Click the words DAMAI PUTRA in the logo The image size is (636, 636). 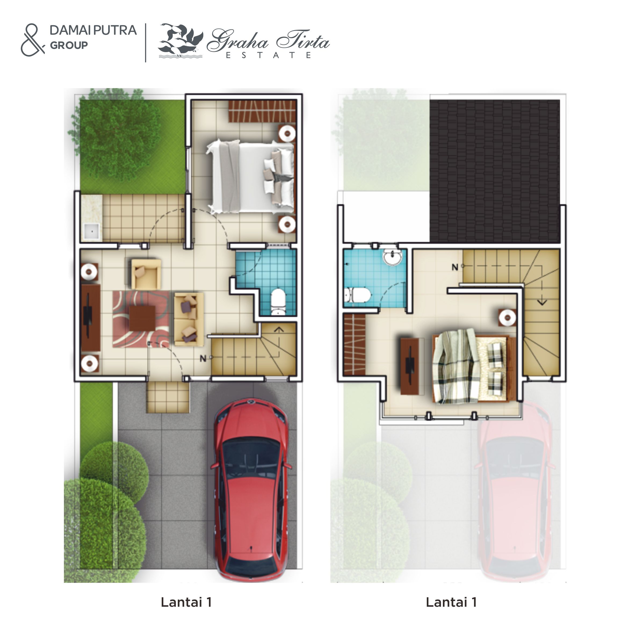click(x=93, y=30)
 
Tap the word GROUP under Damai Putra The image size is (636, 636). click(x=69, y=45)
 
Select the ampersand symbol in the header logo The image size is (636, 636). click(x=32, y=40)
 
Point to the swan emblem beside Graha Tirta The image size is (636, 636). click(x=181, y=41)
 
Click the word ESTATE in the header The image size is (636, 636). click(x=268, y=55)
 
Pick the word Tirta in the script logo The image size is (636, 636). click(x=303, y=41)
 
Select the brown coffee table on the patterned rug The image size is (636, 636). click(x=142, y=318)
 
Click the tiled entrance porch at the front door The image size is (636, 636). click(x=168, y=397)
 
